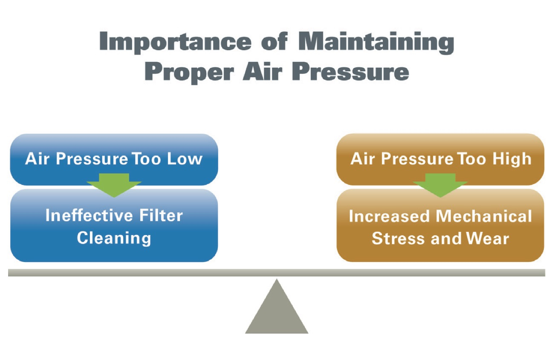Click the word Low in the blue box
[x=185, y=158]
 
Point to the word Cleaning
[x=114, y=238]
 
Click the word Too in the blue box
[x=146, y=158]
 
